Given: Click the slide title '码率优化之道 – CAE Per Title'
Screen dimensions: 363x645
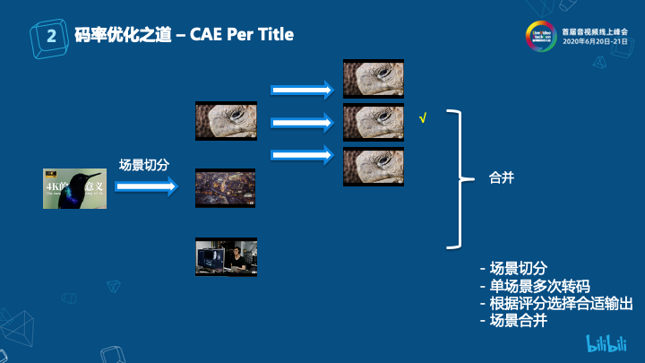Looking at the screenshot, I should coord(185,34).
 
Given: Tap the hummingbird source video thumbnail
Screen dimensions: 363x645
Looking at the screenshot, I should coord(74,188).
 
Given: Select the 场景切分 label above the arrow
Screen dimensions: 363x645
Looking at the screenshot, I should coord(144,165).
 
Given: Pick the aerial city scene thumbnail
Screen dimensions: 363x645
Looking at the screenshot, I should coord(226,188).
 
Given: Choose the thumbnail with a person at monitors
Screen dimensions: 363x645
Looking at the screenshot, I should coord(227,256).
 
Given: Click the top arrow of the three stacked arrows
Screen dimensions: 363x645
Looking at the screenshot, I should coord(303,89).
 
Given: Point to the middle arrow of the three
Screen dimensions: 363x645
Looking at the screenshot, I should coord(303,121).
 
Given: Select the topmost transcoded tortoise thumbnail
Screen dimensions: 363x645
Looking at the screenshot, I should coord(374,78).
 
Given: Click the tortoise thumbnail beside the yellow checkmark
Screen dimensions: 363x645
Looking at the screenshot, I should coord(374,122).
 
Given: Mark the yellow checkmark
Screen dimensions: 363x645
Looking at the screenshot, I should coord(422,117).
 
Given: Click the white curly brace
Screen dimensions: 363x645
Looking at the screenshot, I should coord(459,179).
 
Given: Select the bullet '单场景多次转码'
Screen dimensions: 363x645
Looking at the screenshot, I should coord(535,287).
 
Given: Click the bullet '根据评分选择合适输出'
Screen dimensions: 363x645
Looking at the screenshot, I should coord(556,304).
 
